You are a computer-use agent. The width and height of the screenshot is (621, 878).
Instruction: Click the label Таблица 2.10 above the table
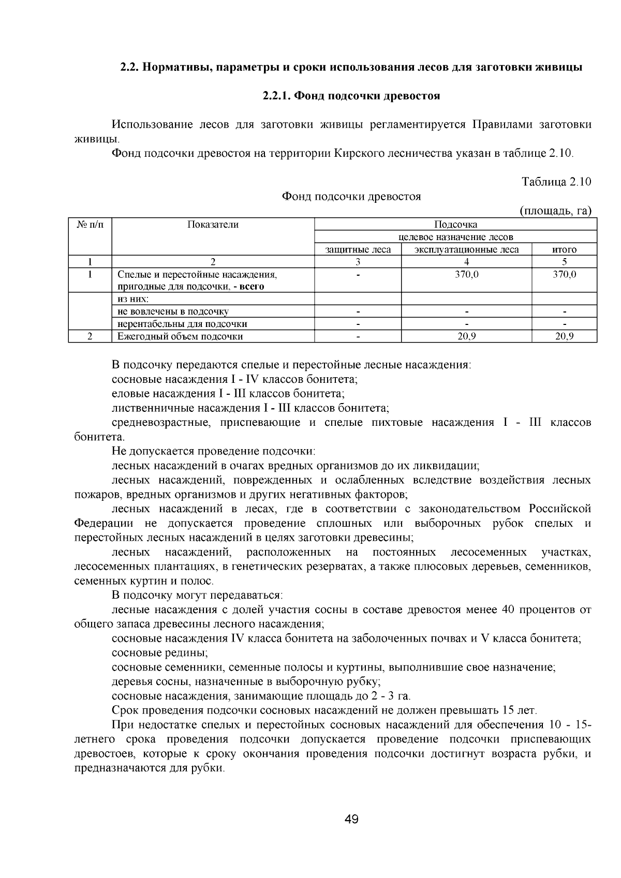tap(556, 182)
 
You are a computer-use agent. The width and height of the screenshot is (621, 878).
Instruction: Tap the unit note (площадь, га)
tap(555, 211)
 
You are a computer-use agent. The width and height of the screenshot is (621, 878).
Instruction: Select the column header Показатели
tap(213, 225)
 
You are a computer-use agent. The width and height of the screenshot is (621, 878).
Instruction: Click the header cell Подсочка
tap(455, 225)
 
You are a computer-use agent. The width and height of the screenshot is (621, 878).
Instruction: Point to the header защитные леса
tap(358, 250)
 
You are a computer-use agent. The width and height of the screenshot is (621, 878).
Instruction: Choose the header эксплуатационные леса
tap(466, 250)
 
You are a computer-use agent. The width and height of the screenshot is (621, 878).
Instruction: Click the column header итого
tap(564, 250)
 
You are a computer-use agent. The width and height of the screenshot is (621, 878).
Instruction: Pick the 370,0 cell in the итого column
tap(564, 275)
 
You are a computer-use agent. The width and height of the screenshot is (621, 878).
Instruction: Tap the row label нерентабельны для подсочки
tap(182, 324)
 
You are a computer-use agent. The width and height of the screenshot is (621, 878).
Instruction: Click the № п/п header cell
tap(90, 225)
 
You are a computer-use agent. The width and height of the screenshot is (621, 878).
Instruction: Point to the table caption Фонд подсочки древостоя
tap(351, 197)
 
